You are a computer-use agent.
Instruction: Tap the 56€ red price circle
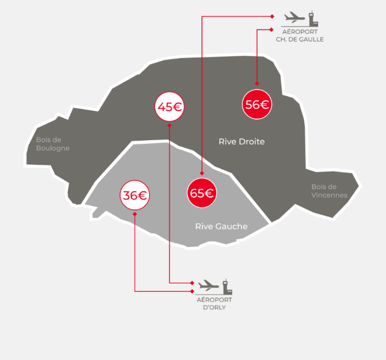coord(257,104)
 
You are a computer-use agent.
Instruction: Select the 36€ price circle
coord(135,195)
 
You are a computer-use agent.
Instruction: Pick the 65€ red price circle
coord(201,194)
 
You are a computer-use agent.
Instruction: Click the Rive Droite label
coord(241,142)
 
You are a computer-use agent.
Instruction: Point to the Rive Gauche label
coord(221,226)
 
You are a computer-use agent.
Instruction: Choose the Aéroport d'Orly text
coord(214,303)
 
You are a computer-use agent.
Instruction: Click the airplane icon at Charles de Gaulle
coord(294,17)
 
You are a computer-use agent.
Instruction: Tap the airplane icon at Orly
coord(209,285)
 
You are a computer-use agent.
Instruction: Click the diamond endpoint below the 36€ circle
coord(135,214)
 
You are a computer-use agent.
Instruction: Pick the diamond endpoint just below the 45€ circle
coord(169,125)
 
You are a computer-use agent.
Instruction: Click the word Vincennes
coord(329,195)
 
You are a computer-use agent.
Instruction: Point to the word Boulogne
coord(53,149)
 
